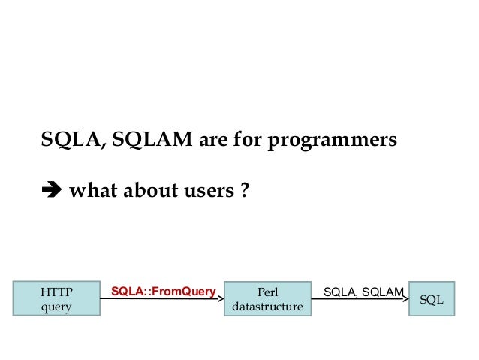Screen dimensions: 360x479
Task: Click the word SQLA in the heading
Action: tap(67, 141)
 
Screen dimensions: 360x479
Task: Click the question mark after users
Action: tap(244, 192)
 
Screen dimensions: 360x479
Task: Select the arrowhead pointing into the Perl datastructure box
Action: tap(221, 298)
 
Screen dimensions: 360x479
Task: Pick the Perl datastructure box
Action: tap(268, 298)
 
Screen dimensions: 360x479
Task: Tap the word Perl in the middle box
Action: tap(268, 291)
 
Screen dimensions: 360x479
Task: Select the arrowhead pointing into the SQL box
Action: tap(405, 298)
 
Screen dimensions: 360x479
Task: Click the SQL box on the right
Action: tap(432, 298)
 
